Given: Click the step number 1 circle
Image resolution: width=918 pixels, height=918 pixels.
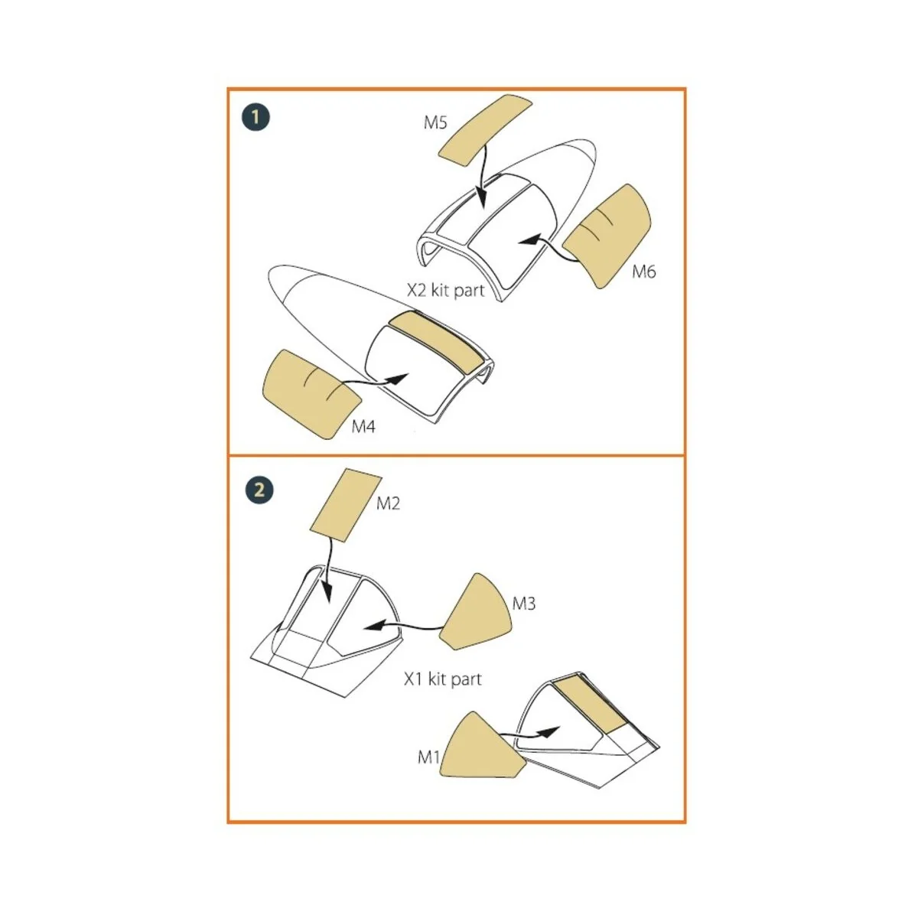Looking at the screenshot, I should [256, 117].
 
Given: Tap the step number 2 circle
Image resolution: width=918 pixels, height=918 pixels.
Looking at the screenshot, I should [259, 489].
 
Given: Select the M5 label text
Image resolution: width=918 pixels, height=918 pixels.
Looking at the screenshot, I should [435, 122].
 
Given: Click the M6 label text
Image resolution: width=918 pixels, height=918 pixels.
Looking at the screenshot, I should [643, 272].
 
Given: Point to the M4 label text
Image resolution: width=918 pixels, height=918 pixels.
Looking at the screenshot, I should [363, 427].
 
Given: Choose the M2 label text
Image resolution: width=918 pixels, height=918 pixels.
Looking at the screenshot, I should [388, 503].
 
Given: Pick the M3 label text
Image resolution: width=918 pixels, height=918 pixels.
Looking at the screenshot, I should [524, 604].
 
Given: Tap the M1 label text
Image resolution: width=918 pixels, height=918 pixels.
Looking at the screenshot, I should [428, 757].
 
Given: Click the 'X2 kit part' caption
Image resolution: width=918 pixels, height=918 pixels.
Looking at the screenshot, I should [445, 291].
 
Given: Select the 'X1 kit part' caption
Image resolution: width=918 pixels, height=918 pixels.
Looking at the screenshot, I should [443, 679].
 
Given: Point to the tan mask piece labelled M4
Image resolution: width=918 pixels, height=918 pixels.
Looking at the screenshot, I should [308, 392].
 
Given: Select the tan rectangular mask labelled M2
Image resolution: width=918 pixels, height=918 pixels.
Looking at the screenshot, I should [346, 505].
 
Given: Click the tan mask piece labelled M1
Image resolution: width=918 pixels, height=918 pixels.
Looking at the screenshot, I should [480, 747].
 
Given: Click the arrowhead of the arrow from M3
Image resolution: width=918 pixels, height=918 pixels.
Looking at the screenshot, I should [371, 626].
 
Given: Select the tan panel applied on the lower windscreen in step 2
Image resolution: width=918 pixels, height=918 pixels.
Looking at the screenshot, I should [591, 703].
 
